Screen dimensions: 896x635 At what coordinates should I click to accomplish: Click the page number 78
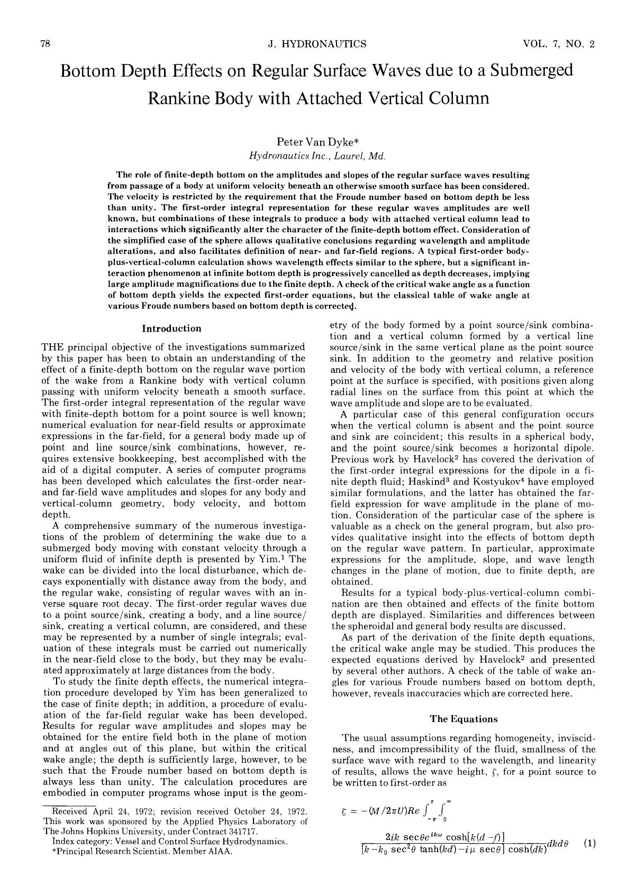tap(45, 44)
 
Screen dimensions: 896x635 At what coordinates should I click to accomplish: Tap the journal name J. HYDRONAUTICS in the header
tap(317, 44)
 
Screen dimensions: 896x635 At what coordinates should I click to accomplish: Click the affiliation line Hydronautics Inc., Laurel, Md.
tap(317, 156)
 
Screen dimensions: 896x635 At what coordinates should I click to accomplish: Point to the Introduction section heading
tap(171, 328)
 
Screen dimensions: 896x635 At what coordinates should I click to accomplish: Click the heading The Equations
tap(464, 719)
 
